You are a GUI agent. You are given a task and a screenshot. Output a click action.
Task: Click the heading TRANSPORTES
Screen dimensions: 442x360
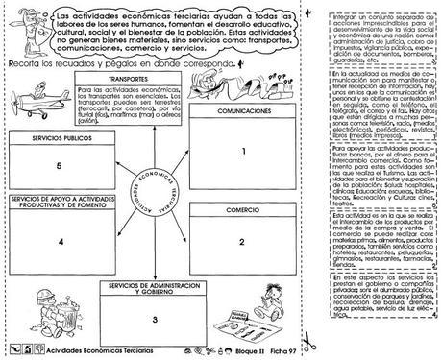point(128,77)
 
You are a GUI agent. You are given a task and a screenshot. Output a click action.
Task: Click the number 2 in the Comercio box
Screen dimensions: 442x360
point(244,244)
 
